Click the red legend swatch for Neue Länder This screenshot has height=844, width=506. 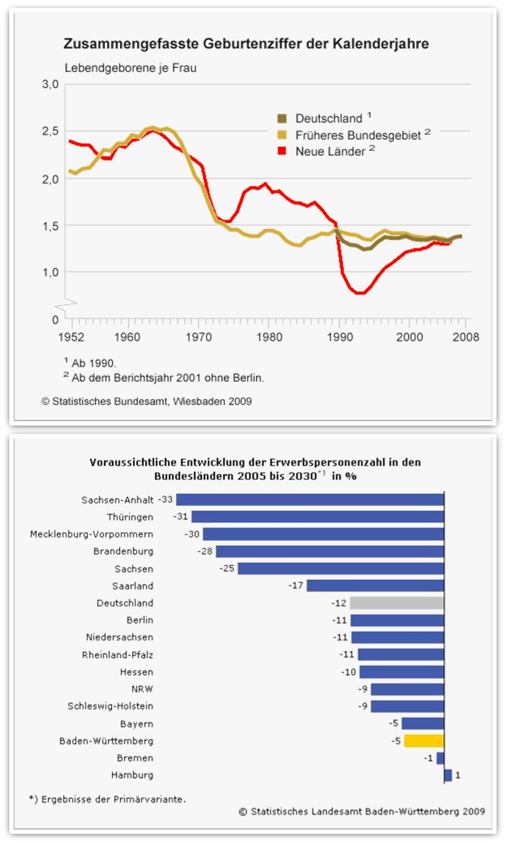(282, 151)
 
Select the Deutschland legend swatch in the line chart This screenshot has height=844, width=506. (282, 118)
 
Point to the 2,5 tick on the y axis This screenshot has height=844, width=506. (50, 131)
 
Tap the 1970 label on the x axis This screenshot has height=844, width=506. (199, 337)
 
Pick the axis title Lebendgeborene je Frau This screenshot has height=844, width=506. (130, 68)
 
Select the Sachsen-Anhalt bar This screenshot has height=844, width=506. (310, 499)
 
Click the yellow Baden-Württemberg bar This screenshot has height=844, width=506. (424, 740)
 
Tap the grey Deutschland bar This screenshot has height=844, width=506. (397, 603)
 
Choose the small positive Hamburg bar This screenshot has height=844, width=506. (448, 775)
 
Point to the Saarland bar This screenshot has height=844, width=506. (375, 586)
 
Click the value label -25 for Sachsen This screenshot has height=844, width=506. (227, 568)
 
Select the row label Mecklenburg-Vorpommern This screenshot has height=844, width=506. (91, 534)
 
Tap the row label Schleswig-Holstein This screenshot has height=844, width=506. (110, 706)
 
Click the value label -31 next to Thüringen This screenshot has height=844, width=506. (180, 516)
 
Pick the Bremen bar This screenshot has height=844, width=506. (440, 758)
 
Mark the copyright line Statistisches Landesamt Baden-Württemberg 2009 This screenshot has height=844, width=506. (362, 812)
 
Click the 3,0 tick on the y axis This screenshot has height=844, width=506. (50, 84)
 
